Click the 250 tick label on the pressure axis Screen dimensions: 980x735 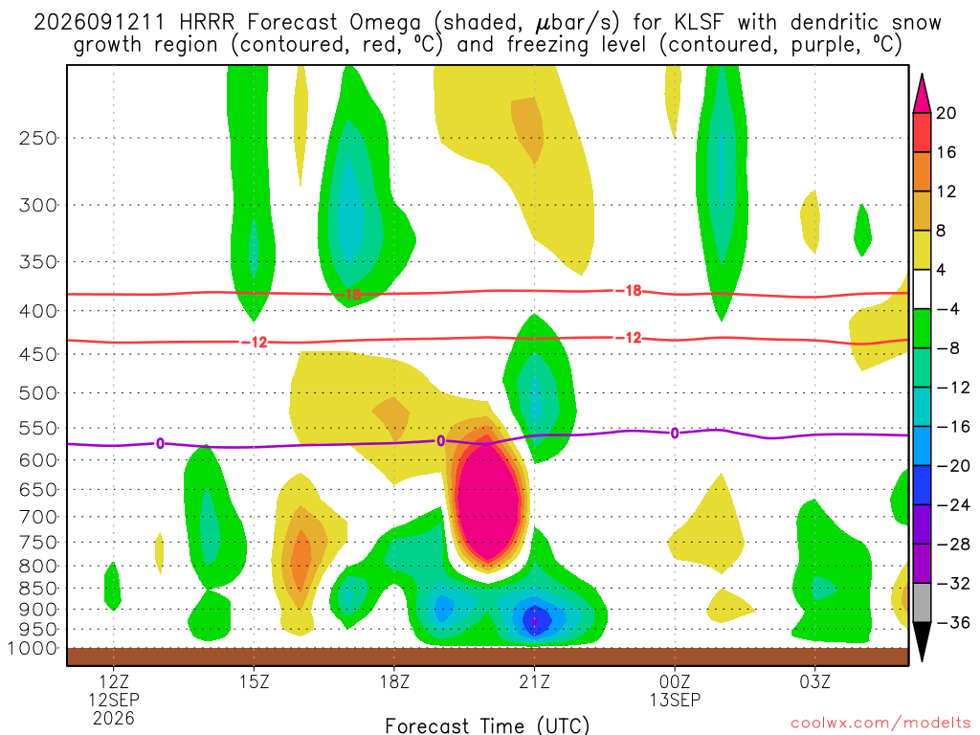38,138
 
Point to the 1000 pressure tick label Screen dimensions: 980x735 33,649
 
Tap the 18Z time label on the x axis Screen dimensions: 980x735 394,681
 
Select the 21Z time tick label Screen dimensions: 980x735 534,681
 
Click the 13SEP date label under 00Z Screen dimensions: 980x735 675,700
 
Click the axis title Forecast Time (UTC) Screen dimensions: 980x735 487,725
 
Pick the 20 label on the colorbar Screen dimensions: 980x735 946,113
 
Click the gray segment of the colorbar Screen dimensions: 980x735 922,603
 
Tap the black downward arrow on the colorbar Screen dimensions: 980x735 922,640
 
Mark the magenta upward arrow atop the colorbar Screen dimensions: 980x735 922,95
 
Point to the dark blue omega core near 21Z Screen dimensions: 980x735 535,619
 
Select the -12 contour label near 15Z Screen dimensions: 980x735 256,342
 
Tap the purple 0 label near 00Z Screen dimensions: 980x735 675,434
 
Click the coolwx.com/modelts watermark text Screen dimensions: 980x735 880,724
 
